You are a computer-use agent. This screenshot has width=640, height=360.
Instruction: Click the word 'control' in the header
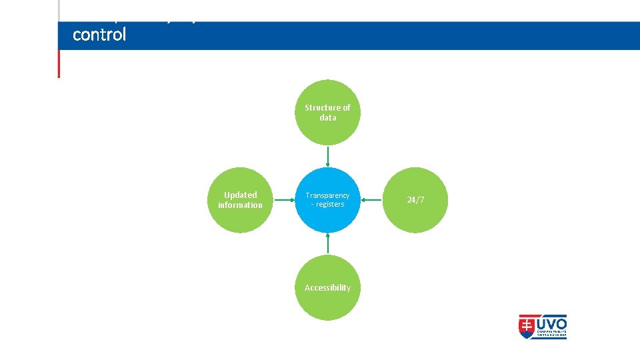[x=99, y=35]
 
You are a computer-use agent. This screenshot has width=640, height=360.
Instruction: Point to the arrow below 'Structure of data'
[x=327, y=156]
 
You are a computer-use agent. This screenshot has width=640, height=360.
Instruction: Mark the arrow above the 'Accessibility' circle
[x=327, y=243]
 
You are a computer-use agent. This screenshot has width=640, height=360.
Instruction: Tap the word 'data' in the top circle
[x=327, y=117]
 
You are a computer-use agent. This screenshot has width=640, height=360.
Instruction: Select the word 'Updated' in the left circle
[x=240, y=195]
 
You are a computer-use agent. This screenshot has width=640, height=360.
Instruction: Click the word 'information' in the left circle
[x=240, y=205]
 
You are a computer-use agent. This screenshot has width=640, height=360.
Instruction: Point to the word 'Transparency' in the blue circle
[x=327, y=195]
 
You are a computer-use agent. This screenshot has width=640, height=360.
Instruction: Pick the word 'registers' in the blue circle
[x=331, y=204]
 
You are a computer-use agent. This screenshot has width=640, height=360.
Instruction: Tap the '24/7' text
[x=415, y=200]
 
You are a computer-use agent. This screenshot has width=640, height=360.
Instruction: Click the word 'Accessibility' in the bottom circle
[x=327, y=287]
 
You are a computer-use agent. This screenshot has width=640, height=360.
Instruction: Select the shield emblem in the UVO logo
[x=527, y=327]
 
